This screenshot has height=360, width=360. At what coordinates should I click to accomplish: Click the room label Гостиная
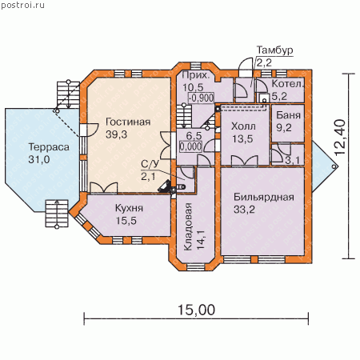128,122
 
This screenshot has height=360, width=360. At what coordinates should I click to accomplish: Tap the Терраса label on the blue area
49,147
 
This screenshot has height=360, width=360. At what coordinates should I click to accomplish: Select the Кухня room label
129,208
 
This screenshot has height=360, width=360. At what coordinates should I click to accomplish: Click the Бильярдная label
264,197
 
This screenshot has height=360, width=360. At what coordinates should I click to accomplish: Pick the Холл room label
243,126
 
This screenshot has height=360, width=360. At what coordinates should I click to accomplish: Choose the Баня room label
288,115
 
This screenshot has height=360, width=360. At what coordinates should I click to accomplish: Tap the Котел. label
288,84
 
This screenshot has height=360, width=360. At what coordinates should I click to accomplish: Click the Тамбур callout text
274,50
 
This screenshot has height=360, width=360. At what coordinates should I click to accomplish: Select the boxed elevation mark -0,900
201,98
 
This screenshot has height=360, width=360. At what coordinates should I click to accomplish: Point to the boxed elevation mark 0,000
190,146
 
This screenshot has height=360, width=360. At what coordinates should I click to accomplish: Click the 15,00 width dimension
196,310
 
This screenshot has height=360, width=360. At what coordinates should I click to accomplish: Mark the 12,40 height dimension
340,138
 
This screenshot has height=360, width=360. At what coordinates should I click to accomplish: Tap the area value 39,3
116,134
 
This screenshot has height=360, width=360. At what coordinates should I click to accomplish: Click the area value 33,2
244,210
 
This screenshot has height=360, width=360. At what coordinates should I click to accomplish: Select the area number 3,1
292,160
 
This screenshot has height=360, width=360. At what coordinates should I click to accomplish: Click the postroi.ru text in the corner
23,5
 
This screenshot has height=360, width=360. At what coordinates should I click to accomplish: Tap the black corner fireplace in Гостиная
165,186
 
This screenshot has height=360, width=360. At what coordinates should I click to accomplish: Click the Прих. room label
195,75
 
